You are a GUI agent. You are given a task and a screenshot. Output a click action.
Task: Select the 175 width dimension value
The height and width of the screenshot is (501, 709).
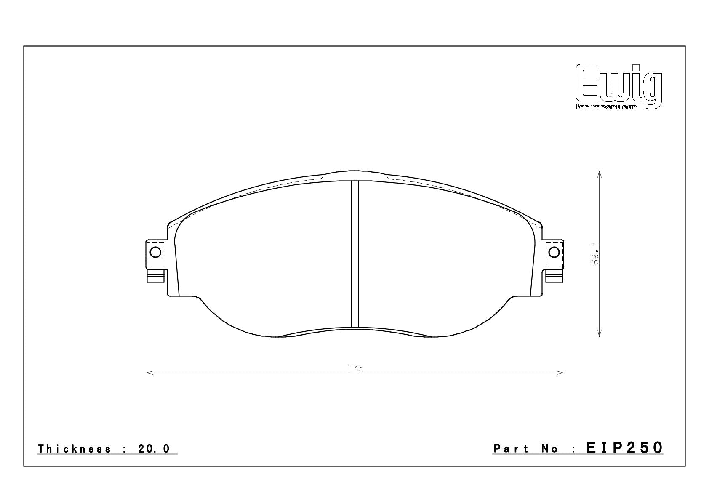tap(355, 368)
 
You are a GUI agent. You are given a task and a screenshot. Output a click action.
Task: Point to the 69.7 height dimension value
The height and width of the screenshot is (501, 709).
tap(595, 254)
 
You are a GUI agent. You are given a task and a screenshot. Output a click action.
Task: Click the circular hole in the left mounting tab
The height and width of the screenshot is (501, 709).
tap(155, 252)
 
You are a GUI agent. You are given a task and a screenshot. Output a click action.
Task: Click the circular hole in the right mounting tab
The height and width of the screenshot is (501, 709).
tap(554, 252)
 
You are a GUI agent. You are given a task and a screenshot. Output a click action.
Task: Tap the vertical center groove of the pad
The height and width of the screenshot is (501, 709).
tap(355, 254)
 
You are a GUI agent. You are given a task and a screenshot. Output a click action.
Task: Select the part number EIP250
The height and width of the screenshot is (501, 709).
tap(624, 448)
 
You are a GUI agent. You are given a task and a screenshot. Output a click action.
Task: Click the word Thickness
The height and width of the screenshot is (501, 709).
tap(74, 449)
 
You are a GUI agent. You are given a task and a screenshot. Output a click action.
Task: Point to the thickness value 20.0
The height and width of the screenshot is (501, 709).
tap(154, 449)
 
